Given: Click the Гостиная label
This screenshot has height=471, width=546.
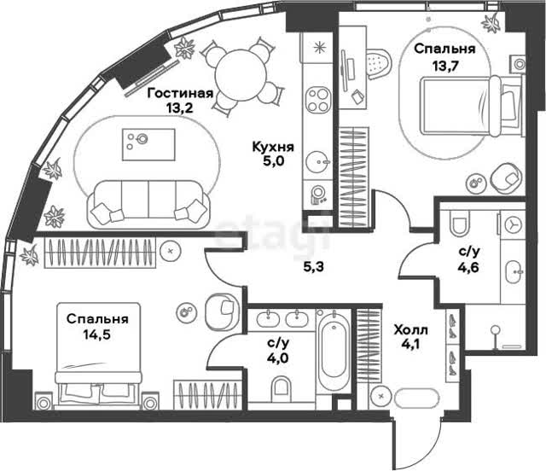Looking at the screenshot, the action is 180,93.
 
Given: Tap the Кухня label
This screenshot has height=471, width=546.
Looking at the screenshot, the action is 273,147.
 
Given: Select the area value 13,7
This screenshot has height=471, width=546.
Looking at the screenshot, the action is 444,65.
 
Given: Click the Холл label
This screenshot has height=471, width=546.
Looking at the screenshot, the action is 411,329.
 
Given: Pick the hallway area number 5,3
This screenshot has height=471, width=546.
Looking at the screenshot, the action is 314,267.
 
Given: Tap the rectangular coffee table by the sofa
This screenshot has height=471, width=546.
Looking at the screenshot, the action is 148,144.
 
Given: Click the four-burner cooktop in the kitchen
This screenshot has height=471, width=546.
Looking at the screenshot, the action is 318,100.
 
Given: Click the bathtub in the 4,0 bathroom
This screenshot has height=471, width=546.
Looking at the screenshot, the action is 334,350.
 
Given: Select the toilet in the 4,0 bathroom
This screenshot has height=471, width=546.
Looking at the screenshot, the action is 282,387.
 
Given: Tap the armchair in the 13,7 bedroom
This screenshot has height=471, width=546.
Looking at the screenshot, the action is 506,177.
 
